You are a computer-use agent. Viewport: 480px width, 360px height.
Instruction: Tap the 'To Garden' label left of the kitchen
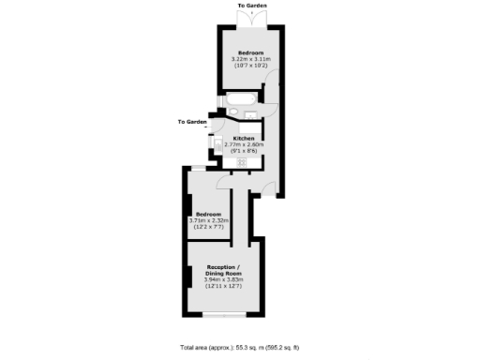[192, 121]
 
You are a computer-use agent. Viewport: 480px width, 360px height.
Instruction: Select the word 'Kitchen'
[244, 138]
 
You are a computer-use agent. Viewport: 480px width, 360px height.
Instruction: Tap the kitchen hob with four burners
[242, 161]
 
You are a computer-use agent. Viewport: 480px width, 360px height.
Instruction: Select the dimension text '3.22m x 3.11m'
[250, 59]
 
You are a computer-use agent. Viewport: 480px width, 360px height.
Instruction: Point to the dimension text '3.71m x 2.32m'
[209, 220]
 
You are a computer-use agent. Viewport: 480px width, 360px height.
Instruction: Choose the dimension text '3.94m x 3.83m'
[223, 279]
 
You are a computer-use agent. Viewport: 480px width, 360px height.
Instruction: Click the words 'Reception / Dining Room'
[223, 269]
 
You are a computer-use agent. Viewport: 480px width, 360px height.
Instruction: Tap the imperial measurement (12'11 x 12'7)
[223, 286]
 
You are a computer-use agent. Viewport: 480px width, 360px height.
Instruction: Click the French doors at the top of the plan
[251, 16]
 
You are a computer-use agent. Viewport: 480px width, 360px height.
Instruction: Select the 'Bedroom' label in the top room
[250, 52]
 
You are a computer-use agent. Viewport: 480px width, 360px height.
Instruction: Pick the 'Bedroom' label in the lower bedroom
[209, 214]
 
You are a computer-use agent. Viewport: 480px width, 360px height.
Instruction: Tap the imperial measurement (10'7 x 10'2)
[250, 66]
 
